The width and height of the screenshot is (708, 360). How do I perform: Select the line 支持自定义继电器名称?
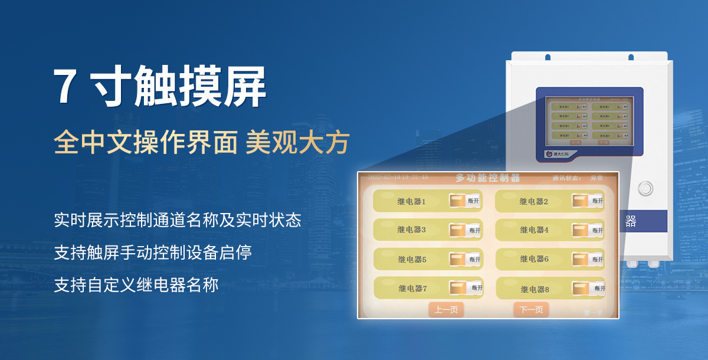[136, 285]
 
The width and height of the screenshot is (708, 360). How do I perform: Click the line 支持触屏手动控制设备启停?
[153, 253]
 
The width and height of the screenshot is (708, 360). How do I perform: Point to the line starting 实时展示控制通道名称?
[178, 221]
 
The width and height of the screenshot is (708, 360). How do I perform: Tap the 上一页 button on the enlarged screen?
[446, 309]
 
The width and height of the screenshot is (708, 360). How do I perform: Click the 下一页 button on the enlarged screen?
[531, 309]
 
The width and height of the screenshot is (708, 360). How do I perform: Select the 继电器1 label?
[411, 201]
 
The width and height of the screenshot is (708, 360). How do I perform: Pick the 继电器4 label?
[534, 230]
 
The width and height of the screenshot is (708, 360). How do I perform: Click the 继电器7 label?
[412, 289]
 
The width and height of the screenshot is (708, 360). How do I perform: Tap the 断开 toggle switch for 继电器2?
[588, 201]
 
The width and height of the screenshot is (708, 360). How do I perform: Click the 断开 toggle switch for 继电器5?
[466, 258]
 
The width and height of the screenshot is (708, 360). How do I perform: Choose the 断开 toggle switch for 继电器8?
[588, 288]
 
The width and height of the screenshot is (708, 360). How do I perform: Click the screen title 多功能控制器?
[487, 178]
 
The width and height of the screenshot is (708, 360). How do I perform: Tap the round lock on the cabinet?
[646, 188]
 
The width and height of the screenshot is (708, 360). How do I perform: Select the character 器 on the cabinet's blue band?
[631, 221]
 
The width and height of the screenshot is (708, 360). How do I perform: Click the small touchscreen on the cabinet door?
[588, 120]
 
